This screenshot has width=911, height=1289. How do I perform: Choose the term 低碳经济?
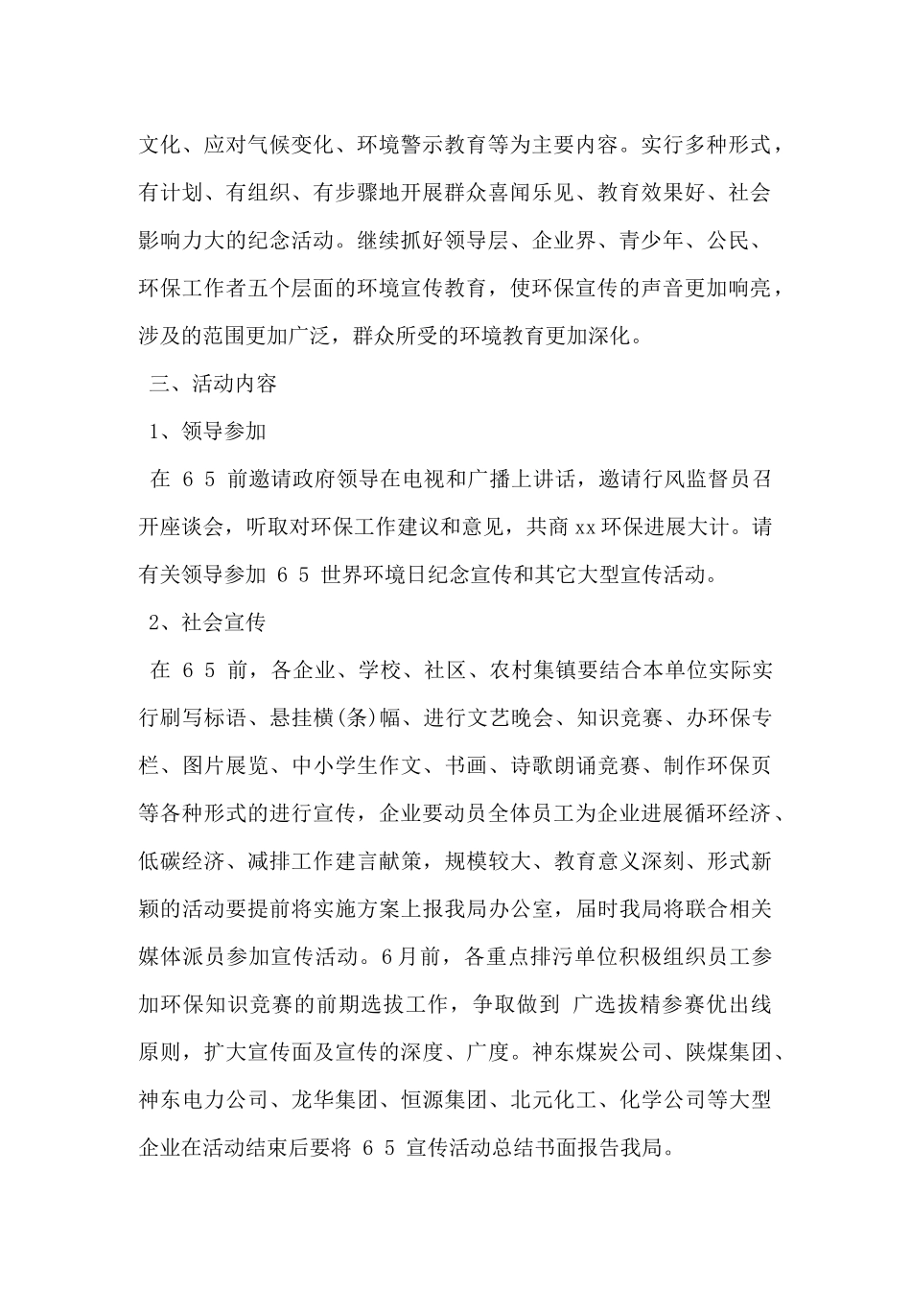[180, 861]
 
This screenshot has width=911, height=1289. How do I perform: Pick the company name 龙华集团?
[335, 1100]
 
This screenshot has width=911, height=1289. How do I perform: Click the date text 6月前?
[410, 956]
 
